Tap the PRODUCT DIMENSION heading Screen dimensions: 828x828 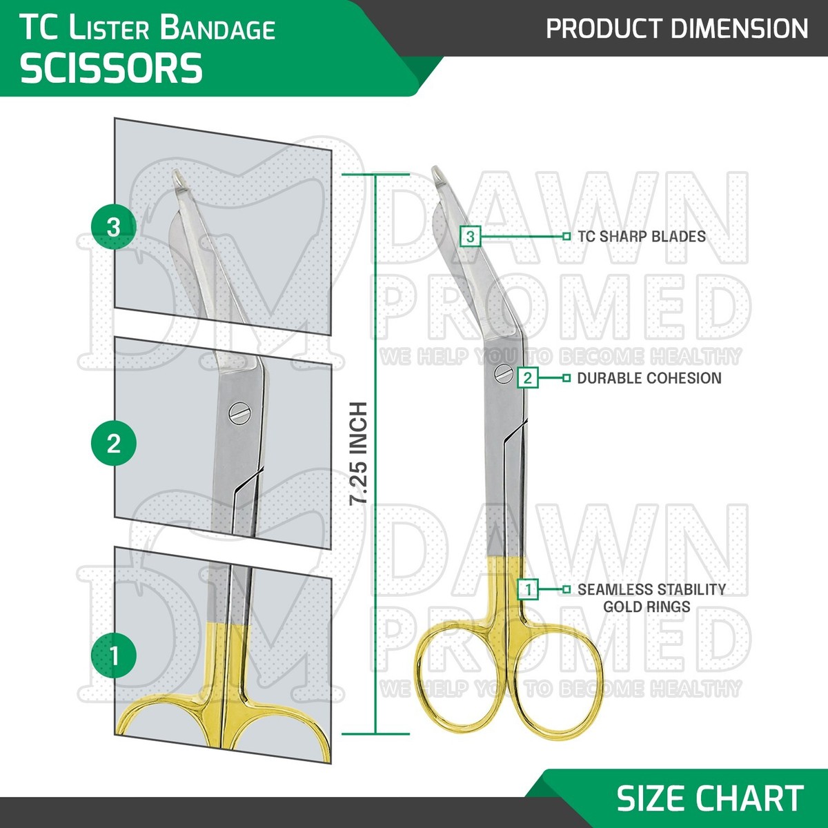pyautogui.click(x=677, y=29)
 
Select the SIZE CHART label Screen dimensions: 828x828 pyautogui.click(x=710, y=798)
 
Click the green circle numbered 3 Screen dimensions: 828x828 pyautogui.click(x=114, y=226)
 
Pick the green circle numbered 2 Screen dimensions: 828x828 pyautogui.click(x=114, y=443)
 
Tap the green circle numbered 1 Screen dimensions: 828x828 pyautogui.click(x=114, y=655)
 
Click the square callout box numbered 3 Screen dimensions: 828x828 pyautogui.click(x=470, y=237)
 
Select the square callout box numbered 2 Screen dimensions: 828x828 pyautogui.click(x=528, y=377)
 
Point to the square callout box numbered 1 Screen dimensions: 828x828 pyautogui.click(x=528, y=589)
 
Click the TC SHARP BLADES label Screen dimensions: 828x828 pyautogui.click(x=642, y=237)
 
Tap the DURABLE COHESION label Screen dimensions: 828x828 pyautogui.click(x=649, y=378)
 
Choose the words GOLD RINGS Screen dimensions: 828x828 pyautogui.click(x=647, y=607)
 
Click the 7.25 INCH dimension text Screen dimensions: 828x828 pyautogui.click(x=359, y=453)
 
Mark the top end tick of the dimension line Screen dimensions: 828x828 pyautogui.click(x=375, y=175)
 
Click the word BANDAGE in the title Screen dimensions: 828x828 pyautogui.click(x=217, y=29)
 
